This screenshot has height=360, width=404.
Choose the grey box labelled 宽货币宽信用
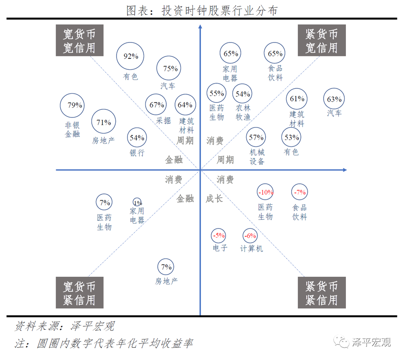point(80,40)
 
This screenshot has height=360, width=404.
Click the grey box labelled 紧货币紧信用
point(322,293)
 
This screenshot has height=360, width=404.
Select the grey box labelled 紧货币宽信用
point(322,40)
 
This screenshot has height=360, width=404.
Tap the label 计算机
point(252,249)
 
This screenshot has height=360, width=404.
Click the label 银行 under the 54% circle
point(137,153)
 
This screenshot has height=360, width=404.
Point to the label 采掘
point(163,121)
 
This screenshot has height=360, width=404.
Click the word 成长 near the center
point(214,199)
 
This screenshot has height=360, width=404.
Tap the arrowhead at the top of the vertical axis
point(200,26)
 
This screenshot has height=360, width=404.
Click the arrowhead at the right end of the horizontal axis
point(345,170)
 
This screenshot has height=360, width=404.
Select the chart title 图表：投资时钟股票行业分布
point(202,11)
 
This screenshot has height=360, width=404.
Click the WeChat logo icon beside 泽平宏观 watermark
point(341,341)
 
